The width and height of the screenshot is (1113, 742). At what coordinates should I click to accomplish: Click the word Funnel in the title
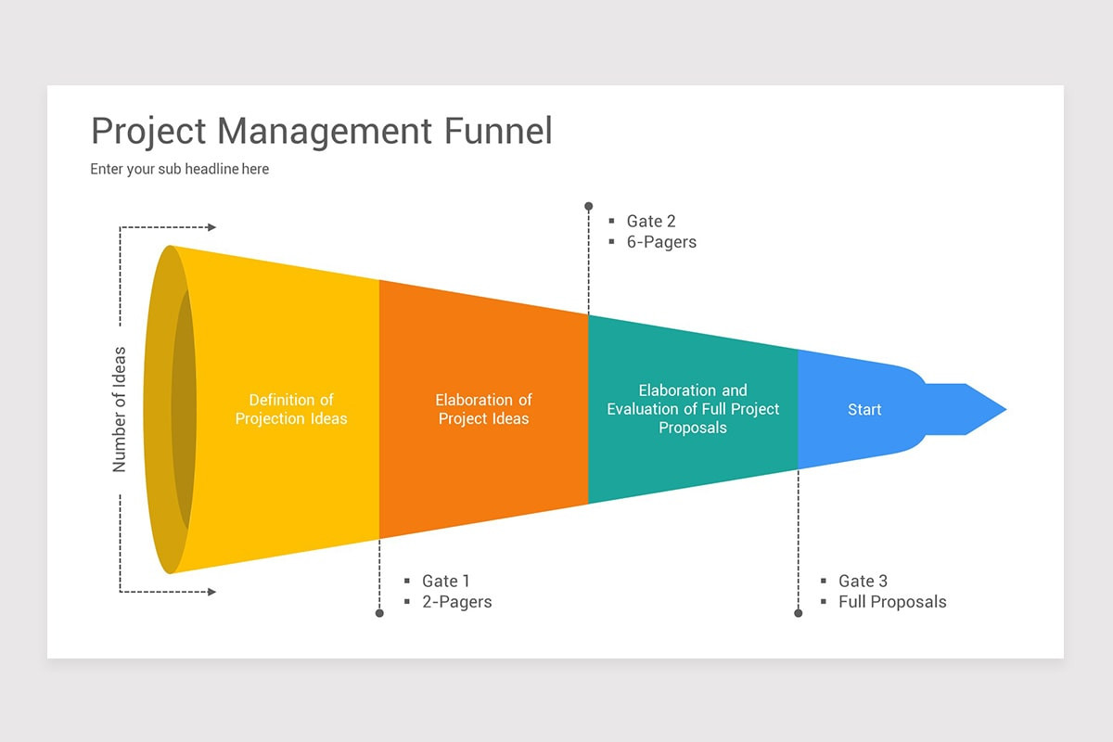pos(497,131)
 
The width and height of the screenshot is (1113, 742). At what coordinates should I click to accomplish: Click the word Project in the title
pos(148,133)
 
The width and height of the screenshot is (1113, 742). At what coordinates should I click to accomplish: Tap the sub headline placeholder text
pos(179,169)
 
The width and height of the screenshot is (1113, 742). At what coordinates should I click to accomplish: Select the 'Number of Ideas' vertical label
pos(120,409)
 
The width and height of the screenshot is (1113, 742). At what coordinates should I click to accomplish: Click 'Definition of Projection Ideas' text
pos(290,409)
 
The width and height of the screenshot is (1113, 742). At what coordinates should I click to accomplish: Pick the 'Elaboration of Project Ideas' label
pos(483,409)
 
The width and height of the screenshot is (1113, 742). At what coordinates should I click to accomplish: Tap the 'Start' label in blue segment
pos(864,409)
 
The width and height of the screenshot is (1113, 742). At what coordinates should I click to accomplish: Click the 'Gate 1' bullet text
pos(445,581)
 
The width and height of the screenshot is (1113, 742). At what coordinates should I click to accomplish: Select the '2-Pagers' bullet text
pos(456,602)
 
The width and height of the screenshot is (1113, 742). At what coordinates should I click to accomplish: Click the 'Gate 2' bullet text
pos(650,221)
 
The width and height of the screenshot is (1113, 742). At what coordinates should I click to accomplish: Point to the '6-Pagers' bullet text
pos(660,242)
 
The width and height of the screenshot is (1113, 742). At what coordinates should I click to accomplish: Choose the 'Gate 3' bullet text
pos(863,581)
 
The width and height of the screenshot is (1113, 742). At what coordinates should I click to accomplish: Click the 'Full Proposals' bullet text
pos(891,602)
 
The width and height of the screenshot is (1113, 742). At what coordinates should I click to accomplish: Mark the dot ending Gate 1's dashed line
pos(379,613)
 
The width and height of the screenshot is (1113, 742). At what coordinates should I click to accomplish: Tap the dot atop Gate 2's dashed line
pos(588,206)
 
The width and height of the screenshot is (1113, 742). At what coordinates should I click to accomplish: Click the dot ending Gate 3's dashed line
pos(798,613)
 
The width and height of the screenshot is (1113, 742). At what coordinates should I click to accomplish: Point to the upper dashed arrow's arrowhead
pos(211,227)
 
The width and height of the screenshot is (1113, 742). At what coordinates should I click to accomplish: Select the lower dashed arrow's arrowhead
pos(211,592)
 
